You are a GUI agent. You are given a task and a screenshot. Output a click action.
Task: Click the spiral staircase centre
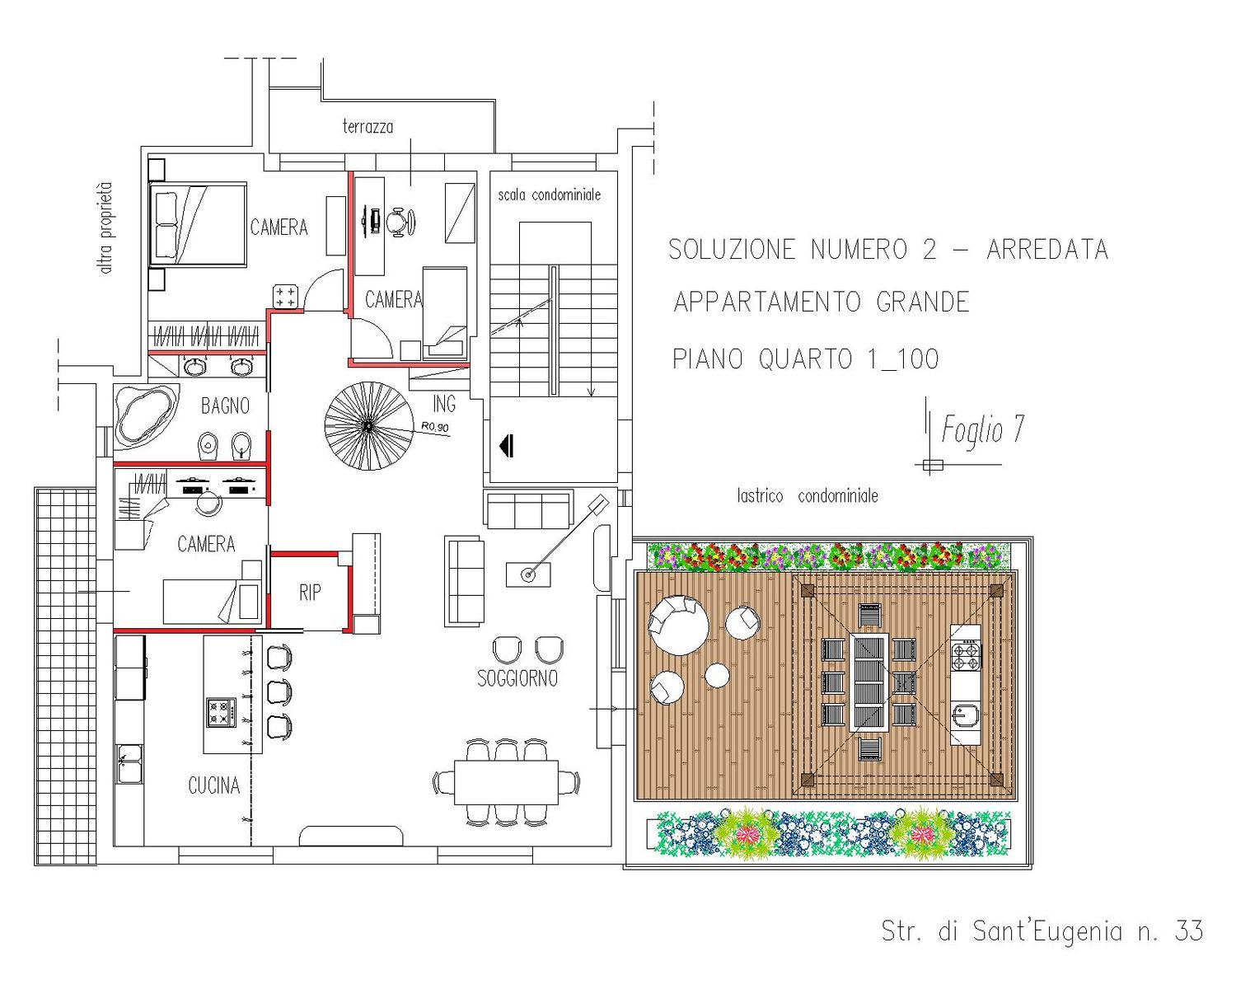[x=368, y=426]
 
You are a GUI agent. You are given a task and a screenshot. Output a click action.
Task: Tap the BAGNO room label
[x=225, y=406]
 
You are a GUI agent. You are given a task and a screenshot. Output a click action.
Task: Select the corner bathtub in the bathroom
[x=146, y=415]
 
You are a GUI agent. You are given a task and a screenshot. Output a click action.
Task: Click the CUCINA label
[x=213, y=785]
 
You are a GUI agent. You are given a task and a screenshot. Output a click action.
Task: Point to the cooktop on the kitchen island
[x=221, y=713]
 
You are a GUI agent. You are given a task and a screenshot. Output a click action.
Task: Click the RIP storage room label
[x=310, y=593]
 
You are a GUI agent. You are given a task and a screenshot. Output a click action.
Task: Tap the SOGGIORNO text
[x=517, y=678]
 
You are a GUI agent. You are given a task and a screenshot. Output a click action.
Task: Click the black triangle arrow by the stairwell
[x=506, y=445]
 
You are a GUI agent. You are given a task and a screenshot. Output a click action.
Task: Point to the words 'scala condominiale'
[x=549, y=195]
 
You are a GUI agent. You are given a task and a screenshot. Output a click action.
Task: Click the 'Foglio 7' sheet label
[x=983, y=430]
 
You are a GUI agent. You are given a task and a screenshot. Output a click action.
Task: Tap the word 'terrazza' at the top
[x=368, y=126]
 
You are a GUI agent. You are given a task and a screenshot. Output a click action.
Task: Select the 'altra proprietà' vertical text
[x=105, y=227]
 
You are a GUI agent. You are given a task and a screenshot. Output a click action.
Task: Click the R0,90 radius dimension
[x=435, y=427]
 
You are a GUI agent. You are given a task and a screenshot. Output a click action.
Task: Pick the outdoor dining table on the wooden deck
[x=869, y=682]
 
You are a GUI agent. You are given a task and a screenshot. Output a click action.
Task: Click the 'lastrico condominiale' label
[x=808, y=496]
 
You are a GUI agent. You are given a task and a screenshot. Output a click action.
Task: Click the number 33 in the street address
[x=1188, y=931]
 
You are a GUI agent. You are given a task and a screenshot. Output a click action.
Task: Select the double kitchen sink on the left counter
[x=130, y=763]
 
